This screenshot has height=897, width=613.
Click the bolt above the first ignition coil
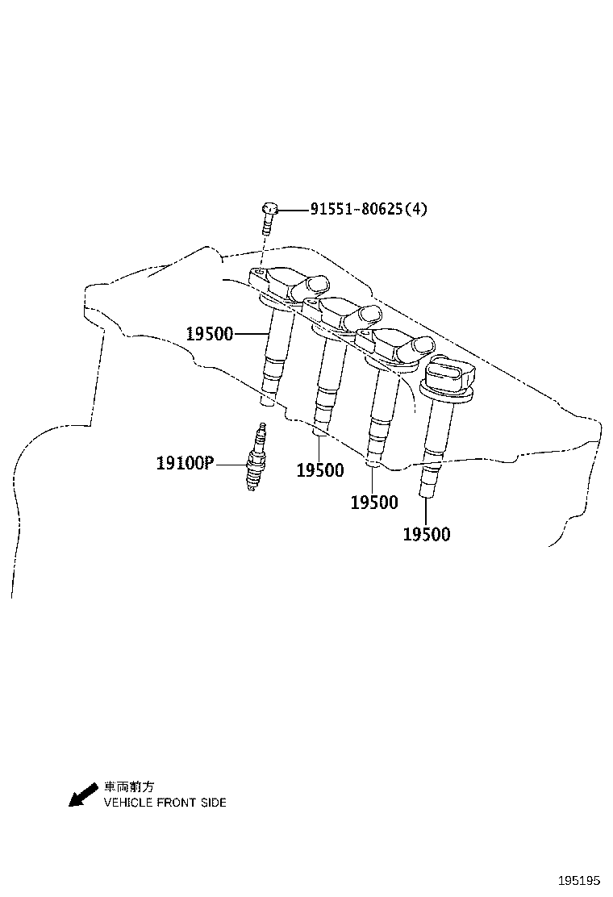[269, 217]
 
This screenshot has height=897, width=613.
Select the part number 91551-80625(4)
[369, 209]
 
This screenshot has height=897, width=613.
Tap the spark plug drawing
[255, 457]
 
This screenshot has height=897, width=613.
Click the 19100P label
[185, 463]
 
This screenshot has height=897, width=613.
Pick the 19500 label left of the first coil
[210, 334]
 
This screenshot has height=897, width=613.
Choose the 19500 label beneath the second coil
[320, 471]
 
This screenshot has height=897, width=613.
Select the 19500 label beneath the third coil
[374, 503]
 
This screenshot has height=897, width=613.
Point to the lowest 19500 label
[427, 535]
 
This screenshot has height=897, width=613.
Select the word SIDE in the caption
[214, 803]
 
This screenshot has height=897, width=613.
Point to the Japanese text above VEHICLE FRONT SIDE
[129, 787]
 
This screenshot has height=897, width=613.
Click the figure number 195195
[578, 880]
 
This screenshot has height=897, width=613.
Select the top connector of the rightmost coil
[450, 372]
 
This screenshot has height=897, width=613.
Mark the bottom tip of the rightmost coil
[427, 495]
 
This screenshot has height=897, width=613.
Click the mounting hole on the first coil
[259, 273]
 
